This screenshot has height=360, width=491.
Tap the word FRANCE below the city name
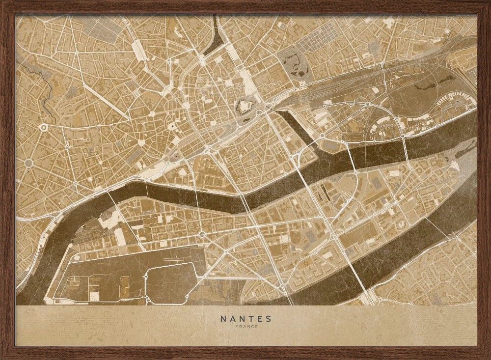245,327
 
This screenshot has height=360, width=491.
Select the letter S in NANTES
268,319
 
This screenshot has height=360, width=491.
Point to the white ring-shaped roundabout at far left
44,128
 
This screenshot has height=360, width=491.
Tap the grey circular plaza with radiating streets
28,163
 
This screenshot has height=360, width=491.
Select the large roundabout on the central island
202,234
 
